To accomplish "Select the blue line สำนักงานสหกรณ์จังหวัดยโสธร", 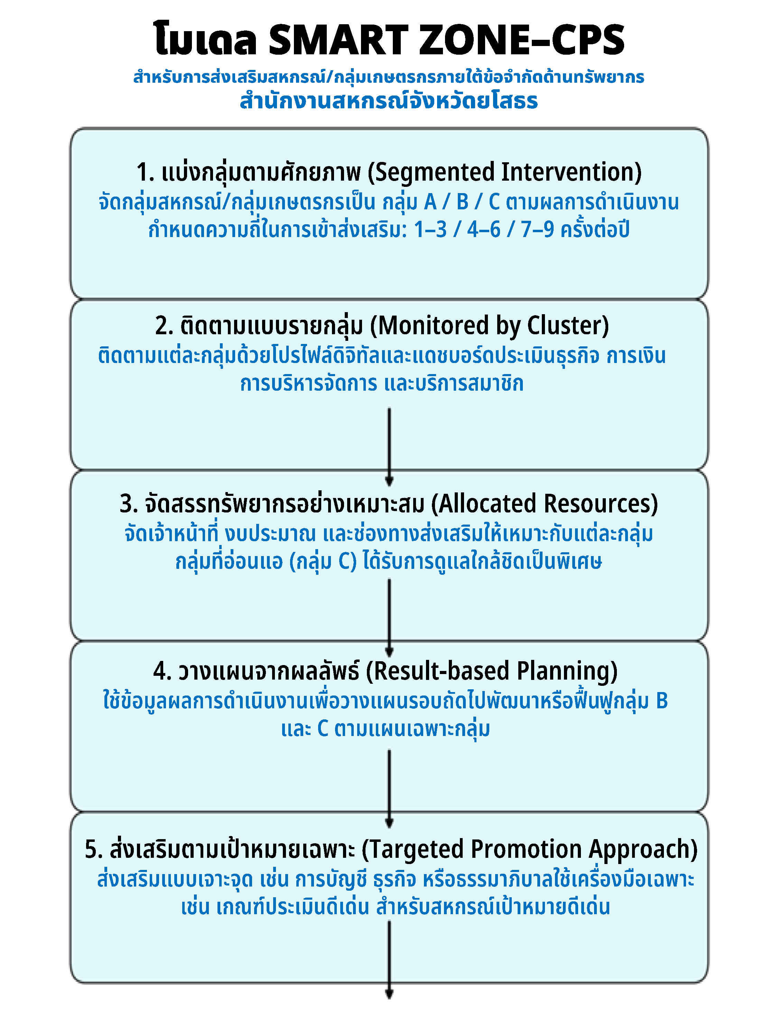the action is [389, 100].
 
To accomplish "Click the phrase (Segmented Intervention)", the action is [504, 172].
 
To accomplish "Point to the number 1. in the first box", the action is [146, 172].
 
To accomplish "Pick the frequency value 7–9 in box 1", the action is [537, 229].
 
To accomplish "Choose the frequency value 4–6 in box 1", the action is [483, 229].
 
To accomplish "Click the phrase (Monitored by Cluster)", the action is [490, 326].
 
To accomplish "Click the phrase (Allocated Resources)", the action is [544, 503].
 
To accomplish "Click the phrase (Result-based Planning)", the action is [491, 671].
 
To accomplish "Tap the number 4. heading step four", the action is [163, 671].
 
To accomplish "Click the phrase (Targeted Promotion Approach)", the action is [530, 849].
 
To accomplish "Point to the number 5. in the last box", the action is [94, 849].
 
